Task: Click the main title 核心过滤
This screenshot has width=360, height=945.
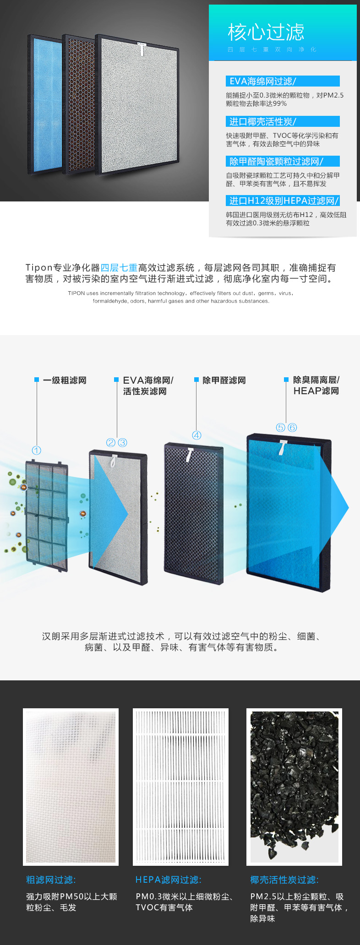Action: pos(266,32)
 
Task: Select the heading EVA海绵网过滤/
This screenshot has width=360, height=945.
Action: pos(262,81)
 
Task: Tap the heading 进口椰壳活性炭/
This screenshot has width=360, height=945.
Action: pos(262,121)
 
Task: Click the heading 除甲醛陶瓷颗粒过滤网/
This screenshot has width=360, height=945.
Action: pos(276,161)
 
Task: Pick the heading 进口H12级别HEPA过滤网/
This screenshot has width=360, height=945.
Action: pos(284,201)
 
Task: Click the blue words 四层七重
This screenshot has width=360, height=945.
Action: pos(119,267)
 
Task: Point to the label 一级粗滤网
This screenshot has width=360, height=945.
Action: pos(65,380)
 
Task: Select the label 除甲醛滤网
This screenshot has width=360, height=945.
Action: pos(224,380)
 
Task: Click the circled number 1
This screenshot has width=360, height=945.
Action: pos(37,451)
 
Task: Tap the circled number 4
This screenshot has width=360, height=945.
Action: pos(196,435)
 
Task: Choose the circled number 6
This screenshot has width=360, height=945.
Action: pos(292,427)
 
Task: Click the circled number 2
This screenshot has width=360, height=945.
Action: pos(111,442)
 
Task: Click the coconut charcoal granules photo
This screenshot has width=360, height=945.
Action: pos(294,787)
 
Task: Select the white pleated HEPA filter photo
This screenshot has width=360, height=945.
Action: pos(180,787)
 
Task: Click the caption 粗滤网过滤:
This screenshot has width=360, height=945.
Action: pos(51,880)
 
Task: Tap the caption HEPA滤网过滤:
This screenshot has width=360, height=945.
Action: pos(168,880)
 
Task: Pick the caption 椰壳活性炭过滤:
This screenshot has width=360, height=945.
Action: pos(284,880)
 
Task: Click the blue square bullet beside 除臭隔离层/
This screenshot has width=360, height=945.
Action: pos(286,380)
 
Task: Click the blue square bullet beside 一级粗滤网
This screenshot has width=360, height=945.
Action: pos(37,380)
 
